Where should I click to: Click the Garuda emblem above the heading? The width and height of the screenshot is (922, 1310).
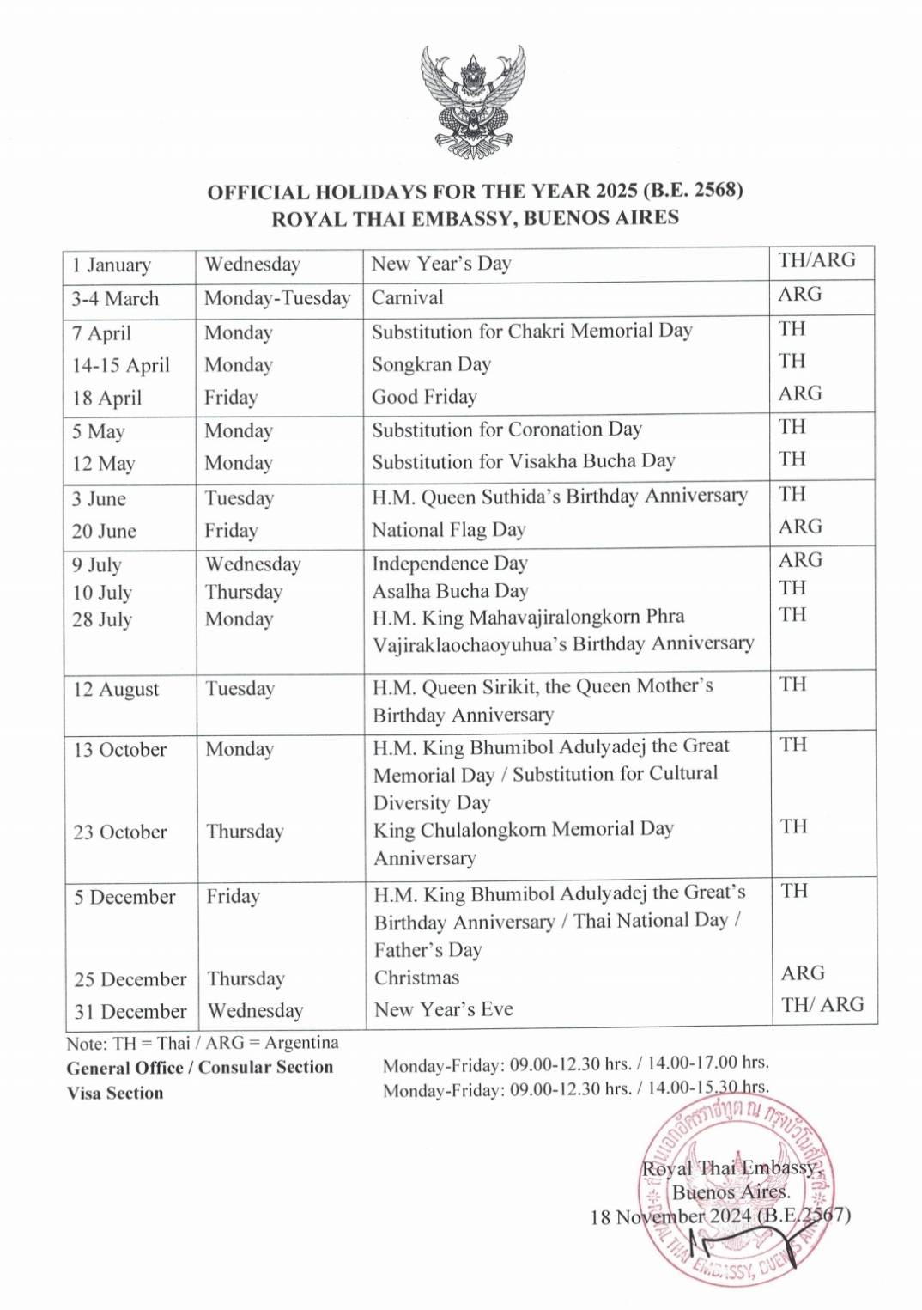pyautogui.click(x=472, y=101)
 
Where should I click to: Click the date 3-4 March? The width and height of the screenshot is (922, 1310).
pyautogui.click(x=115, y=299)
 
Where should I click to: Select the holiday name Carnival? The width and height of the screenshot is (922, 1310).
pyautogui.click(x=407, y=298)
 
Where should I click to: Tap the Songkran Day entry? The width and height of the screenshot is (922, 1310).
pyautogui.click(x=431, y=364)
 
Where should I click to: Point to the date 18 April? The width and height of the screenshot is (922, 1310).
pyautogui.click(x=106, y=398)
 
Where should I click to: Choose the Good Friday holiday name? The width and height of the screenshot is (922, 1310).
pyautogui.click(x=424, y=397)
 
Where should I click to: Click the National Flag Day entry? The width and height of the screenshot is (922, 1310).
pyautogui.click(x=448, y=530)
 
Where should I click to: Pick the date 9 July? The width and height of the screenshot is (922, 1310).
pyautogui.click(x=96, y=564)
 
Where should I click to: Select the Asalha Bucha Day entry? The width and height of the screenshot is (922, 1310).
pyautogui.click(x=450, y=591)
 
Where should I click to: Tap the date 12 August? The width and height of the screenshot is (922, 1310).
pyautogui.click(x=116, y=689)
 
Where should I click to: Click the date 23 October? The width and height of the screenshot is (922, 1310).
pyautogui.click(x=120, y=832)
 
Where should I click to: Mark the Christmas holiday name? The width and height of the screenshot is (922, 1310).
pyautogui.click(x=416, y=978)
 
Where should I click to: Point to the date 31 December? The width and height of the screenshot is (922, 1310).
pyautogui.click(x=130, y=1011)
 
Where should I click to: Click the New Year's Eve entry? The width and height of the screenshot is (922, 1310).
pyautogui.click(x=443, y=1009)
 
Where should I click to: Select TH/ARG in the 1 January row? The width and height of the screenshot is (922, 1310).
pyautogui.click(x=816, y=260)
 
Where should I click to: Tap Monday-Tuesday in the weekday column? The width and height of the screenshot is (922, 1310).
pyautogui.click(x=277, y=298)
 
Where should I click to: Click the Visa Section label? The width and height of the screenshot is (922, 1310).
pyautogui.click(x=115, y=1093)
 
